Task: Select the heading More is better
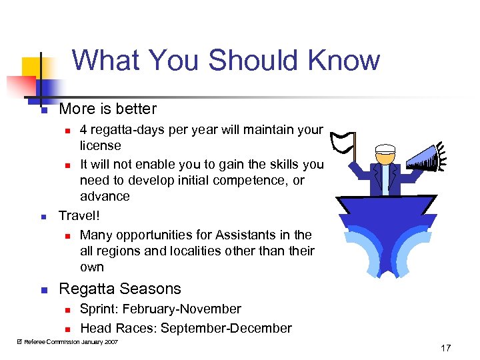(x=108, y=109)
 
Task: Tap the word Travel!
(x=79, y=215)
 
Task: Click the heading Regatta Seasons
(x=120, y=289)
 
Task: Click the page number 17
(x=445, y=347)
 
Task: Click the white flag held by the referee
(x=343, y=140)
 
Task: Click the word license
(x=101, y=145)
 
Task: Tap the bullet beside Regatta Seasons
(x=43, y=290)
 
